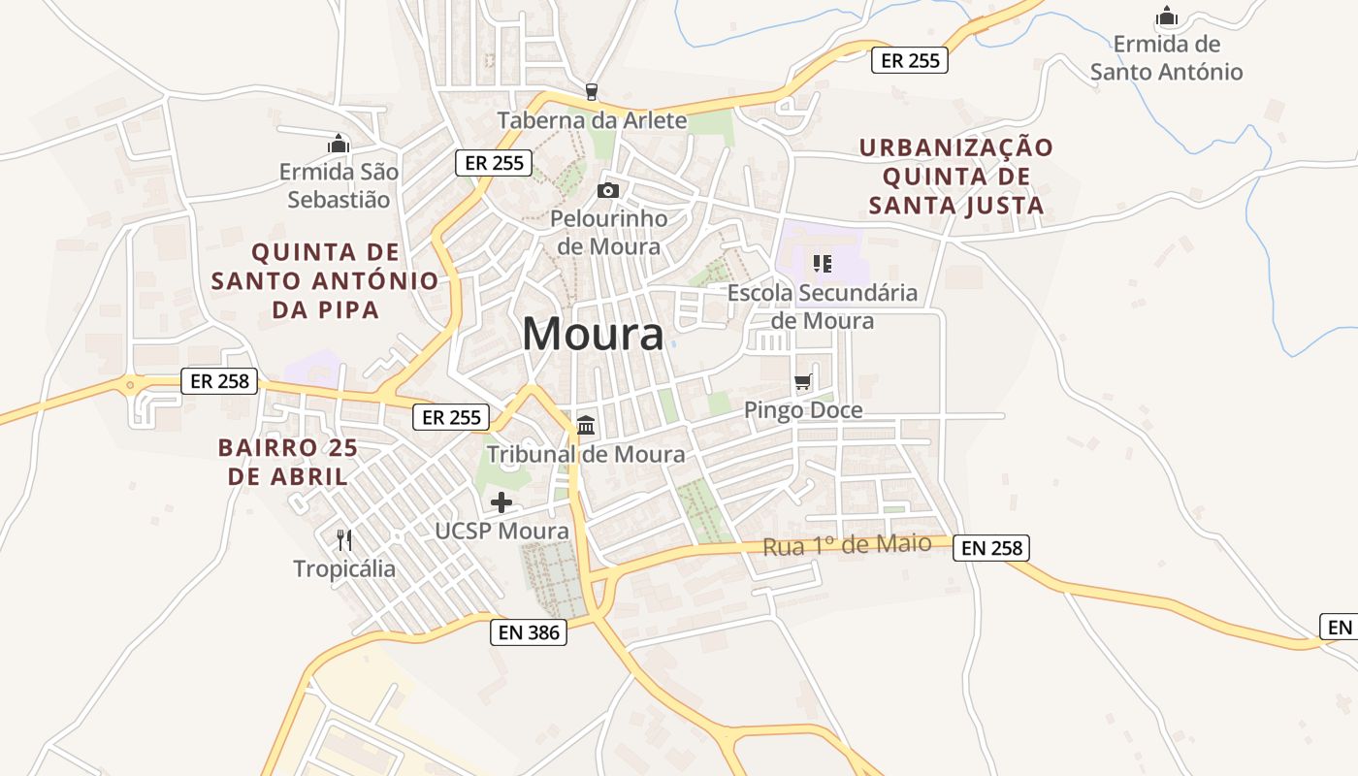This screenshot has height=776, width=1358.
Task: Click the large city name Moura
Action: (593, 335)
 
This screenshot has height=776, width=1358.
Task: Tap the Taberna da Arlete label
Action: (592, 120)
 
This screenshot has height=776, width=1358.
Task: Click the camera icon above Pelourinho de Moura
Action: (608, 190)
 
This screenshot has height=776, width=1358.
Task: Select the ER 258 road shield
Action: (219, 381)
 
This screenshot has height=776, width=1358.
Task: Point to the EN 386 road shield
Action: (528, 632)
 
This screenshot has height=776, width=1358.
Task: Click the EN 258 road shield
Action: (990, 548)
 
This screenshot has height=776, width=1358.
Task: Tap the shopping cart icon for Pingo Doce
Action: (802, 382)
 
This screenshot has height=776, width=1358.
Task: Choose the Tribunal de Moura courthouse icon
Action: (586, 426)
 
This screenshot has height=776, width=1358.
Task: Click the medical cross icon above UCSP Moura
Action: (501, 502)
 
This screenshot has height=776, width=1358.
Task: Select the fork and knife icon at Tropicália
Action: (344, 539)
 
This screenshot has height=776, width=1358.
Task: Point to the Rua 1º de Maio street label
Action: (847, 545)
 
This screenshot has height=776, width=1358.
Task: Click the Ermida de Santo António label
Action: (1166, 58)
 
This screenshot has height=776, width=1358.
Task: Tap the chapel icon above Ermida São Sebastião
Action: (338, 145)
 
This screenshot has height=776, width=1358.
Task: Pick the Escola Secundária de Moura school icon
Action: (823, 263)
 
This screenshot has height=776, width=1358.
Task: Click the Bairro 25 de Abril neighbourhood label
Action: (287, 462)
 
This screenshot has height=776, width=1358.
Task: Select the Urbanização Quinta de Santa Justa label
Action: (956, 177)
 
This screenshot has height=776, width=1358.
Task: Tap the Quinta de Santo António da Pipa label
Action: (325, 281)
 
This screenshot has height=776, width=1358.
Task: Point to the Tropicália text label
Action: (344, 568)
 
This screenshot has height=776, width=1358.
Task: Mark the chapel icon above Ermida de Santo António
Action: (1166, 16)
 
